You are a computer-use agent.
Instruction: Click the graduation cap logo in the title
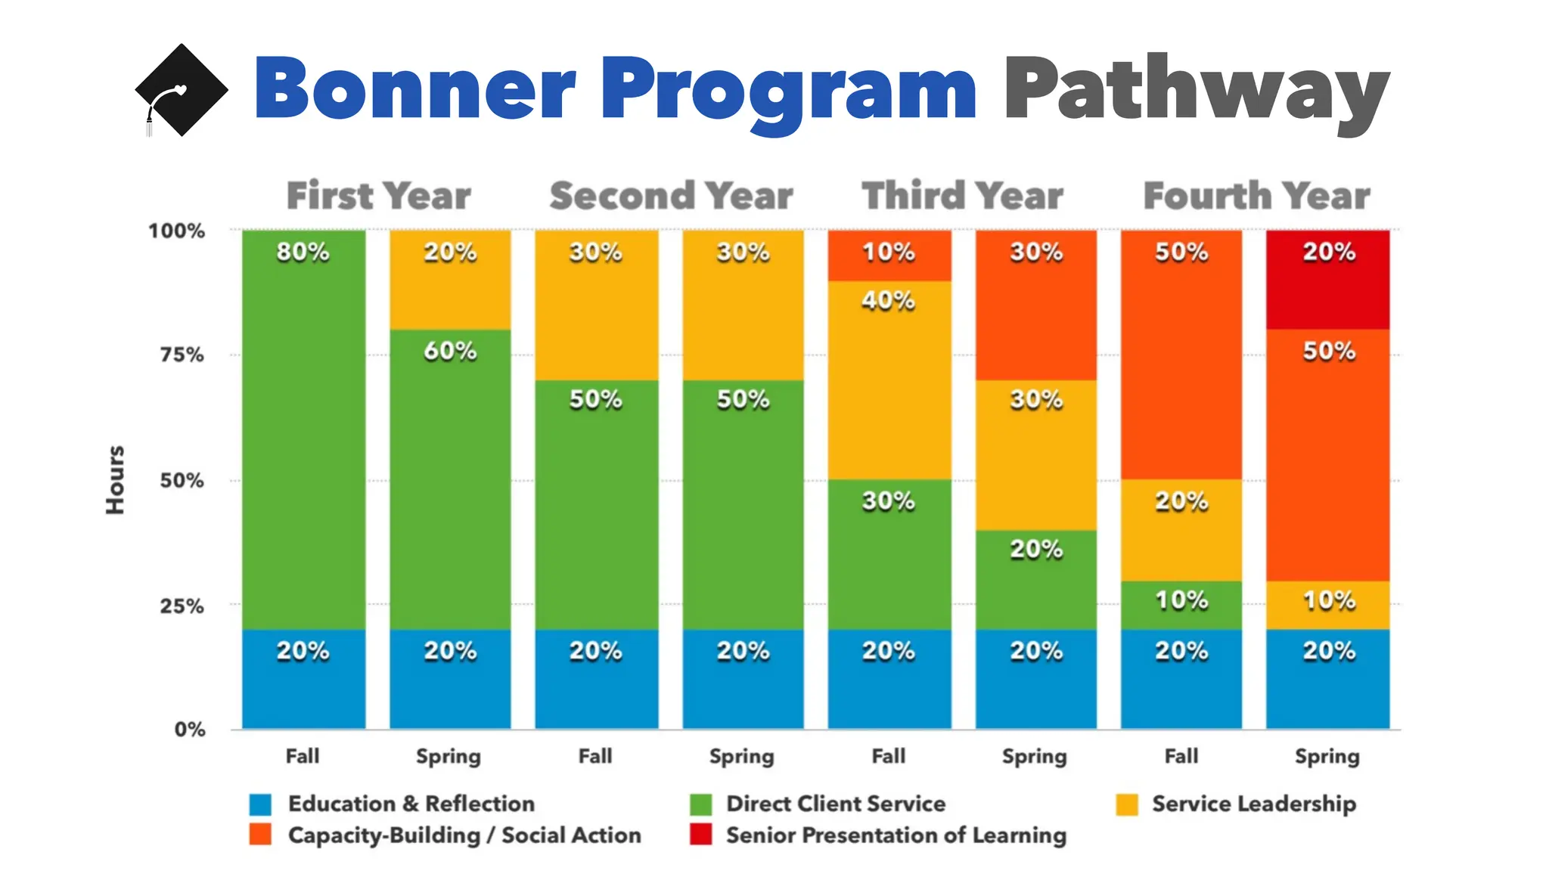(x=182, y=90)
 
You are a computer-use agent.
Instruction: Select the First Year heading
(x=378, y=196)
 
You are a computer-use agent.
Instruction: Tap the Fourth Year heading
(x=1256, y=196)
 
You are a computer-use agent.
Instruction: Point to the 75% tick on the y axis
(x=182, y=355)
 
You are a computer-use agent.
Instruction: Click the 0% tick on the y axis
(x=190, y=730)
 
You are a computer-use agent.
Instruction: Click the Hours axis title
(x=115, y=480)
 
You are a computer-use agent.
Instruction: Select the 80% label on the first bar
(x=303, y=252)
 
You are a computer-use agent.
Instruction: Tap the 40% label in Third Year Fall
(x=889, y=301)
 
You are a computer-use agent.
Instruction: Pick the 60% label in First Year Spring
(x=450, y=351)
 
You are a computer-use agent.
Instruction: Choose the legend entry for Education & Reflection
(x=411, y=804)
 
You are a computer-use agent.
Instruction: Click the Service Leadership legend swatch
(x=1127, y=804)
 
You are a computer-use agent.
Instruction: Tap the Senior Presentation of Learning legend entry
(x=896, y=835)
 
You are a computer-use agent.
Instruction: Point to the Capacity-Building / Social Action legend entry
(x=464, y=835)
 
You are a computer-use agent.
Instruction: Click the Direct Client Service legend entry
(x=835, y=804)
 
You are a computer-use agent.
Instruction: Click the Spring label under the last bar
(x=1327, y=757)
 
